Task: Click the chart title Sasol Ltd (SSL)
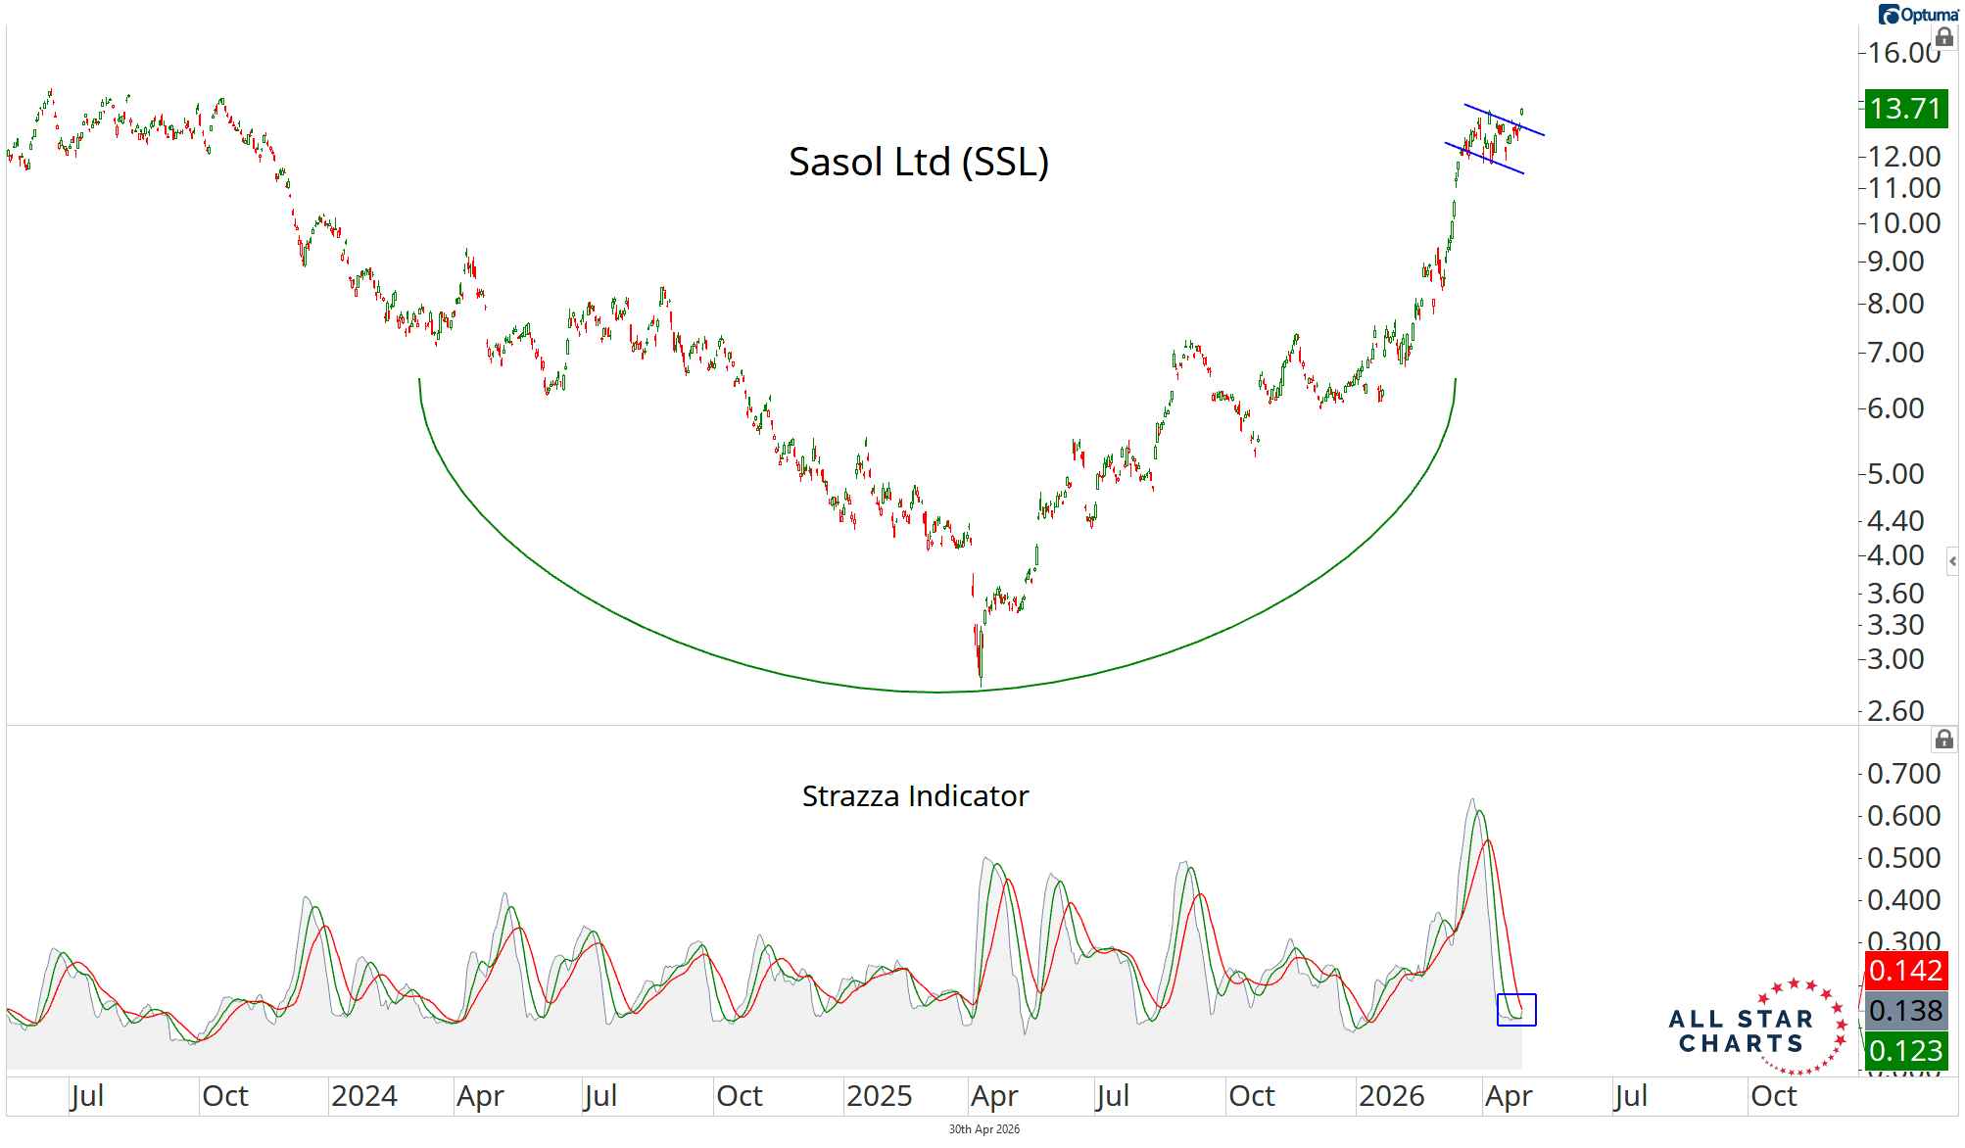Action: click(x=918, y=162)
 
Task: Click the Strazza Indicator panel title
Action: click(x=915, y=795)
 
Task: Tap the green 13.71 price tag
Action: click(x=1904, y=108)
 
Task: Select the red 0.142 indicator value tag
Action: click(x=1904, y=971)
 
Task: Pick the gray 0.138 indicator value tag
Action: click(x=1904, y=1011)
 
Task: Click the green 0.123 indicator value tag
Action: click(x=1904, y=1051)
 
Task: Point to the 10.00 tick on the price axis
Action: click(x=1903, y=223)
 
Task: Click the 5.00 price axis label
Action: click(x=1895, y=474)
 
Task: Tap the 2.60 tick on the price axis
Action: click(x=1895, y=710)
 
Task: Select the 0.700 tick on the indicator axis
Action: click(x=1903, y=774)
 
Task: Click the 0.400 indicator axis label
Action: click(x=1903, y=900)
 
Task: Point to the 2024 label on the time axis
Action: click(x=363, y=1096)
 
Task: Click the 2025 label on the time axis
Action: click(x=879, y=1096)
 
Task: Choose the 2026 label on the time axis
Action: click(x=1391, y=1096)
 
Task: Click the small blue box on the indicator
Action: click(x=1516, y=1010)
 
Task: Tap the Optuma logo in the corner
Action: click(x=1918, y=15)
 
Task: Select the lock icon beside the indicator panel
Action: click(x=1943, y=740)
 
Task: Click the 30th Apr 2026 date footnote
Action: click(x=983, y=1129)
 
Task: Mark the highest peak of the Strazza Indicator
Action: click(x=1472, y=800)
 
